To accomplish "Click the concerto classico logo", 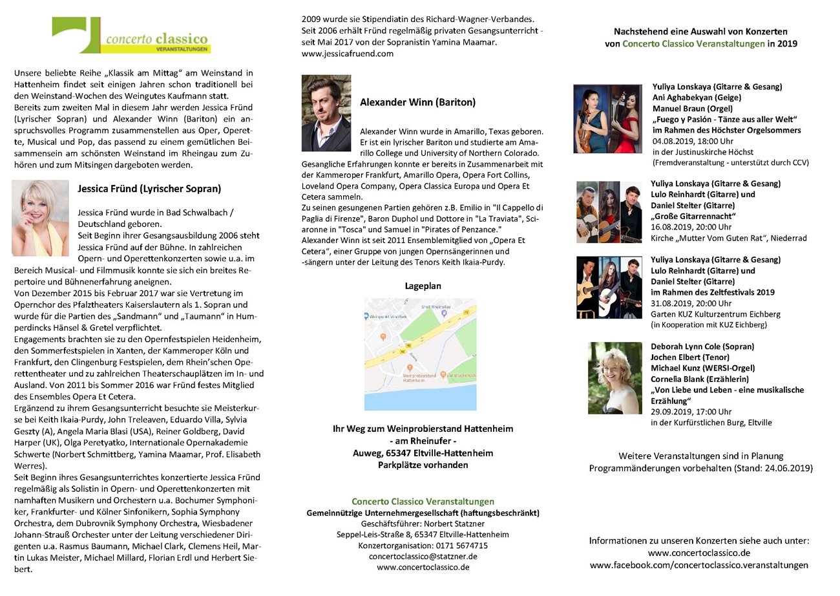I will (131, 36).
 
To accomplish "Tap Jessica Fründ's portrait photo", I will (41, 218).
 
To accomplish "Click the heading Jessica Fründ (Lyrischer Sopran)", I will (149, 189).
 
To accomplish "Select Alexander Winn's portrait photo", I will (326, 113).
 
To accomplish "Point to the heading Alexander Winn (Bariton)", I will (417, 102).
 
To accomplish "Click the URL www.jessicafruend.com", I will (347, 54).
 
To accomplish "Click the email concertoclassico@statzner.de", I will (423, 557).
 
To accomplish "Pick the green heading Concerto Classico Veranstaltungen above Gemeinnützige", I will (423, 502).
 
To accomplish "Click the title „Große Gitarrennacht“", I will (693, 216).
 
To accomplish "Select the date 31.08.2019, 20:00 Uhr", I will (692, 303).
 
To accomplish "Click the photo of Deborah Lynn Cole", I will (614, 378).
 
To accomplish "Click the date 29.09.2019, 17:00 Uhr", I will (691, 412).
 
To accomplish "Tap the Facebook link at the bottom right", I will (698, 565).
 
